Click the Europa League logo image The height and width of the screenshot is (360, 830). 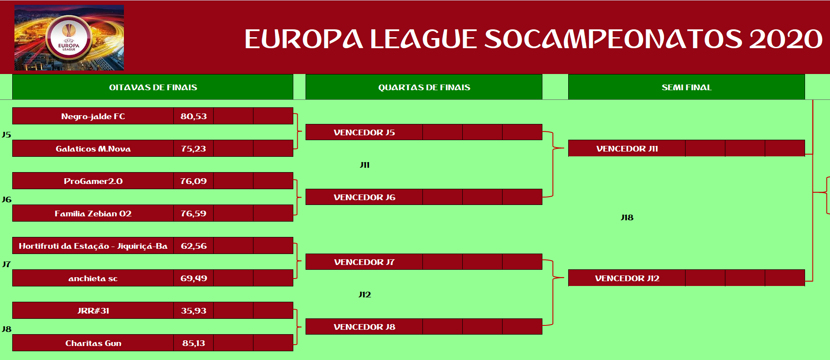(69, 38)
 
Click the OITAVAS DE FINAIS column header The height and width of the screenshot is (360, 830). (153, 87)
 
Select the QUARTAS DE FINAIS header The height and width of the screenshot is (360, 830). (424, 87)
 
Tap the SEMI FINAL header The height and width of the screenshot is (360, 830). (686, 87)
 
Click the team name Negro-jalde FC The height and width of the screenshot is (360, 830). (93, 116)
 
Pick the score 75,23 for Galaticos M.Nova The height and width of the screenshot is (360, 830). (193, 148)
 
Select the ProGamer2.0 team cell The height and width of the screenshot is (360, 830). (93, 181)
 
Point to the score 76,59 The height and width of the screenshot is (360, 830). (193, 213)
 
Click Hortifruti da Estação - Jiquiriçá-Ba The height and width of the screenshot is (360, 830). (93, 246)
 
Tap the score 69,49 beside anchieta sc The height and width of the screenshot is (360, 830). (193, 278)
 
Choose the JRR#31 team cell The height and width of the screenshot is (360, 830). (93, 311)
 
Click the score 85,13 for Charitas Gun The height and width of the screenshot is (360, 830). (193, 343)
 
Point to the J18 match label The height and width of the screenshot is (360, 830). (627, 218)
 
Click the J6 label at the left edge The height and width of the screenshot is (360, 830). (7, 199)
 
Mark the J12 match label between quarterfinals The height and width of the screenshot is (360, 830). (365, 294)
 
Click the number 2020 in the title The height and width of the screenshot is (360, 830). (786, 39)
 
